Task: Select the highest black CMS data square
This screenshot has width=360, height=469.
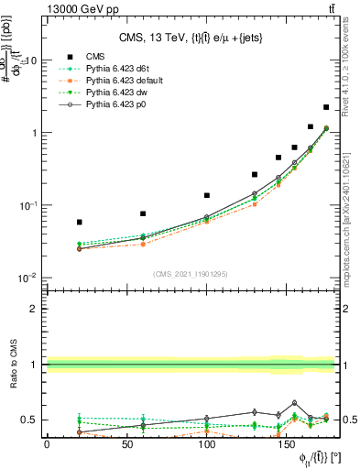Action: click(x=327, y=107)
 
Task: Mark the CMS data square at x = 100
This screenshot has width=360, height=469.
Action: click(x=207, y=195)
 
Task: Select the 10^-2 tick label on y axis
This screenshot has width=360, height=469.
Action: click(x=27, y=278)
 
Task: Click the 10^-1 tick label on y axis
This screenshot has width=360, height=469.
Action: click(x=27, y=205)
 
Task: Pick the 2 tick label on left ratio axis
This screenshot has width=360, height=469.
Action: click(x=33, y=309)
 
